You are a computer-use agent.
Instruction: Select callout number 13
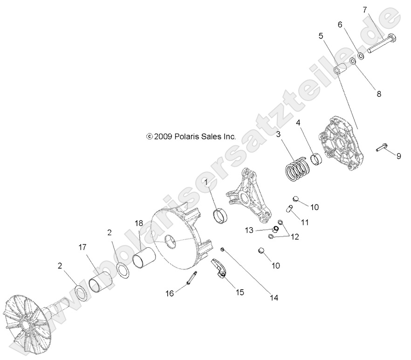pyautogui.click(x=249, y=230)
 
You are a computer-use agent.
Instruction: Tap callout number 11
pyautogui.click(x=304, y=223)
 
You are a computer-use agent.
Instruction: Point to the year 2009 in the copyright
pyautogui.click(x=163, y=137)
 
